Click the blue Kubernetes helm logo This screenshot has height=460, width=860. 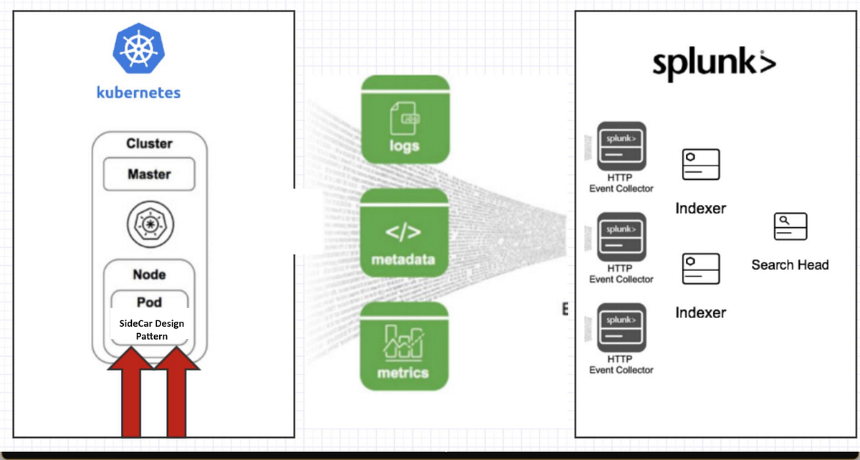pyautogui.click(x=138, y=49)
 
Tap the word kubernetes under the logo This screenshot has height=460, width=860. pyautogui.click(x=138, y=92)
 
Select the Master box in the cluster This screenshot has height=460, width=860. pyautogui.click(x=149, y=174)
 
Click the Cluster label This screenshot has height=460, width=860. pyautogui.click(x=149, y=143)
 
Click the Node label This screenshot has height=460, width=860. pyautogui.click(x=149, y=274)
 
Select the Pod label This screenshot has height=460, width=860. pyautogui.click(x=149, y=302)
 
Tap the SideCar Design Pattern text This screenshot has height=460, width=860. pyautogui.click(x=151, y=330)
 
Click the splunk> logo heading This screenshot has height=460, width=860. pyautogui.click(x=714, y=64)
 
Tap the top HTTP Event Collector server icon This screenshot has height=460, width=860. pyautogui.click(x=621, y=146)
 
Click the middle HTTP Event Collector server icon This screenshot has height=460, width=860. pyautogui.click(x=621, y=237)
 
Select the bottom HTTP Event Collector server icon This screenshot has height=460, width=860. pyautogui.click(x=621, y=327)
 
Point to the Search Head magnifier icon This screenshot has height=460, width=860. pyautogui.click(x=790, y=226)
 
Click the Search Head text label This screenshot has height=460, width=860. pyautogui.click(x=790, y=265)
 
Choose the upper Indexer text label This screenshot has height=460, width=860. pyautogui.click(x=700, y=209)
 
